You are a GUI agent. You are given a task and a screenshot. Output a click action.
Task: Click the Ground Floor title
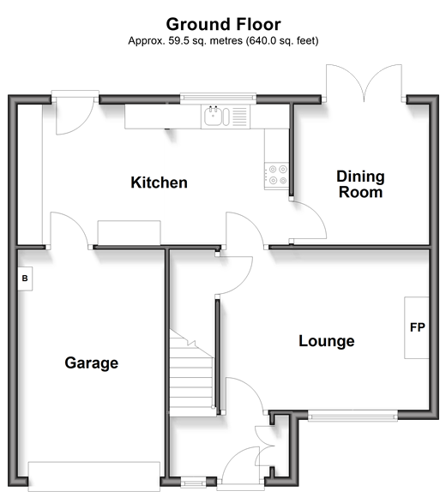click(x=223, y=24)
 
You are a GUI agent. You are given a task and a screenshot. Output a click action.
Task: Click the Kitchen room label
click(x=159, y=183)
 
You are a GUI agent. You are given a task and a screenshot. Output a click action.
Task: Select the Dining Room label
click(x=360, y=184)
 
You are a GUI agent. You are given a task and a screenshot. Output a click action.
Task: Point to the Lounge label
click(x=327, y=341)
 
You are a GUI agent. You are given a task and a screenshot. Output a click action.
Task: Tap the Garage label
click(x=92, y=363)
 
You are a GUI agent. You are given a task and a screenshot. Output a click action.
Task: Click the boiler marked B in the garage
click(x=25, y=278)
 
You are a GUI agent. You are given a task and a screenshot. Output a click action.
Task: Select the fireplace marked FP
click(x=417, y=327)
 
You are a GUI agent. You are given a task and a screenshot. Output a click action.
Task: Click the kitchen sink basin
click(x=212, y=117)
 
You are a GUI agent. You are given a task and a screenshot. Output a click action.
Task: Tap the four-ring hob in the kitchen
click(x=277, y=176)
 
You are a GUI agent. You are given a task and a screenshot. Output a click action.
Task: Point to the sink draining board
click(x=239, y=116)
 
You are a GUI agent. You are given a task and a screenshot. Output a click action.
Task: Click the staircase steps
click(x=191, y=374)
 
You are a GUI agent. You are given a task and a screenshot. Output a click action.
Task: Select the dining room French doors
click(x=365, y=83)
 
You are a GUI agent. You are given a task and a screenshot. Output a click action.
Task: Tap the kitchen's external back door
click(x=75, y=114)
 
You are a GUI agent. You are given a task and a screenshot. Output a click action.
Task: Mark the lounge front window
click(x=353, y=415)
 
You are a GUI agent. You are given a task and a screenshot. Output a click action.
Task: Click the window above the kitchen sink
click(x=218, y=98)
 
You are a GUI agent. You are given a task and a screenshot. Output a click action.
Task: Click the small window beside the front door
click(x=193, y=483)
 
